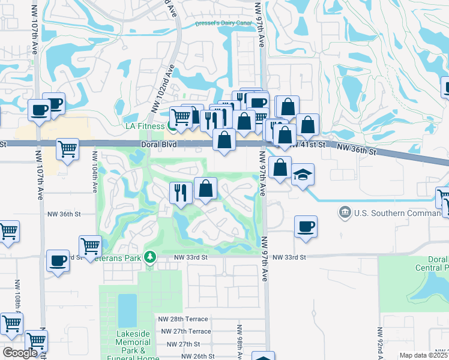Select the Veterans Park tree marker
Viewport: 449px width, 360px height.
tap(149, 257)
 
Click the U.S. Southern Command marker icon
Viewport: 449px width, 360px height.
tap(345, 212)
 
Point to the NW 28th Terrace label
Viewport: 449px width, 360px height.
tap(183, 319)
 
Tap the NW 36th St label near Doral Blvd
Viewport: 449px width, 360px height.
tap(355, 151)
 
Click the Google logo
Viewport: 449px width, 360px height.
tap(19, 353)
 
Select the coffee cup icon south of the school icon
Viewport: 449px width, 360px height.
tap(306, 226)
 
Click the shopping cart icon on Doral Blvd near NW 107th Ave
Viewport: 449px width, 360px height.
tap(68, 148)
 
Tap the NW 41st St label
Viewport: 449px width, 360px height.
tap(307, 145)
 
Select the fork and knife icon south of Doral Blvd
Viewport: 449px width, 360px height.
tap(180, 193)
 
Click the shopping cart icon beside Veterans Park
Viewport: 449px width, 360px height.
tap(90, 245)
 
